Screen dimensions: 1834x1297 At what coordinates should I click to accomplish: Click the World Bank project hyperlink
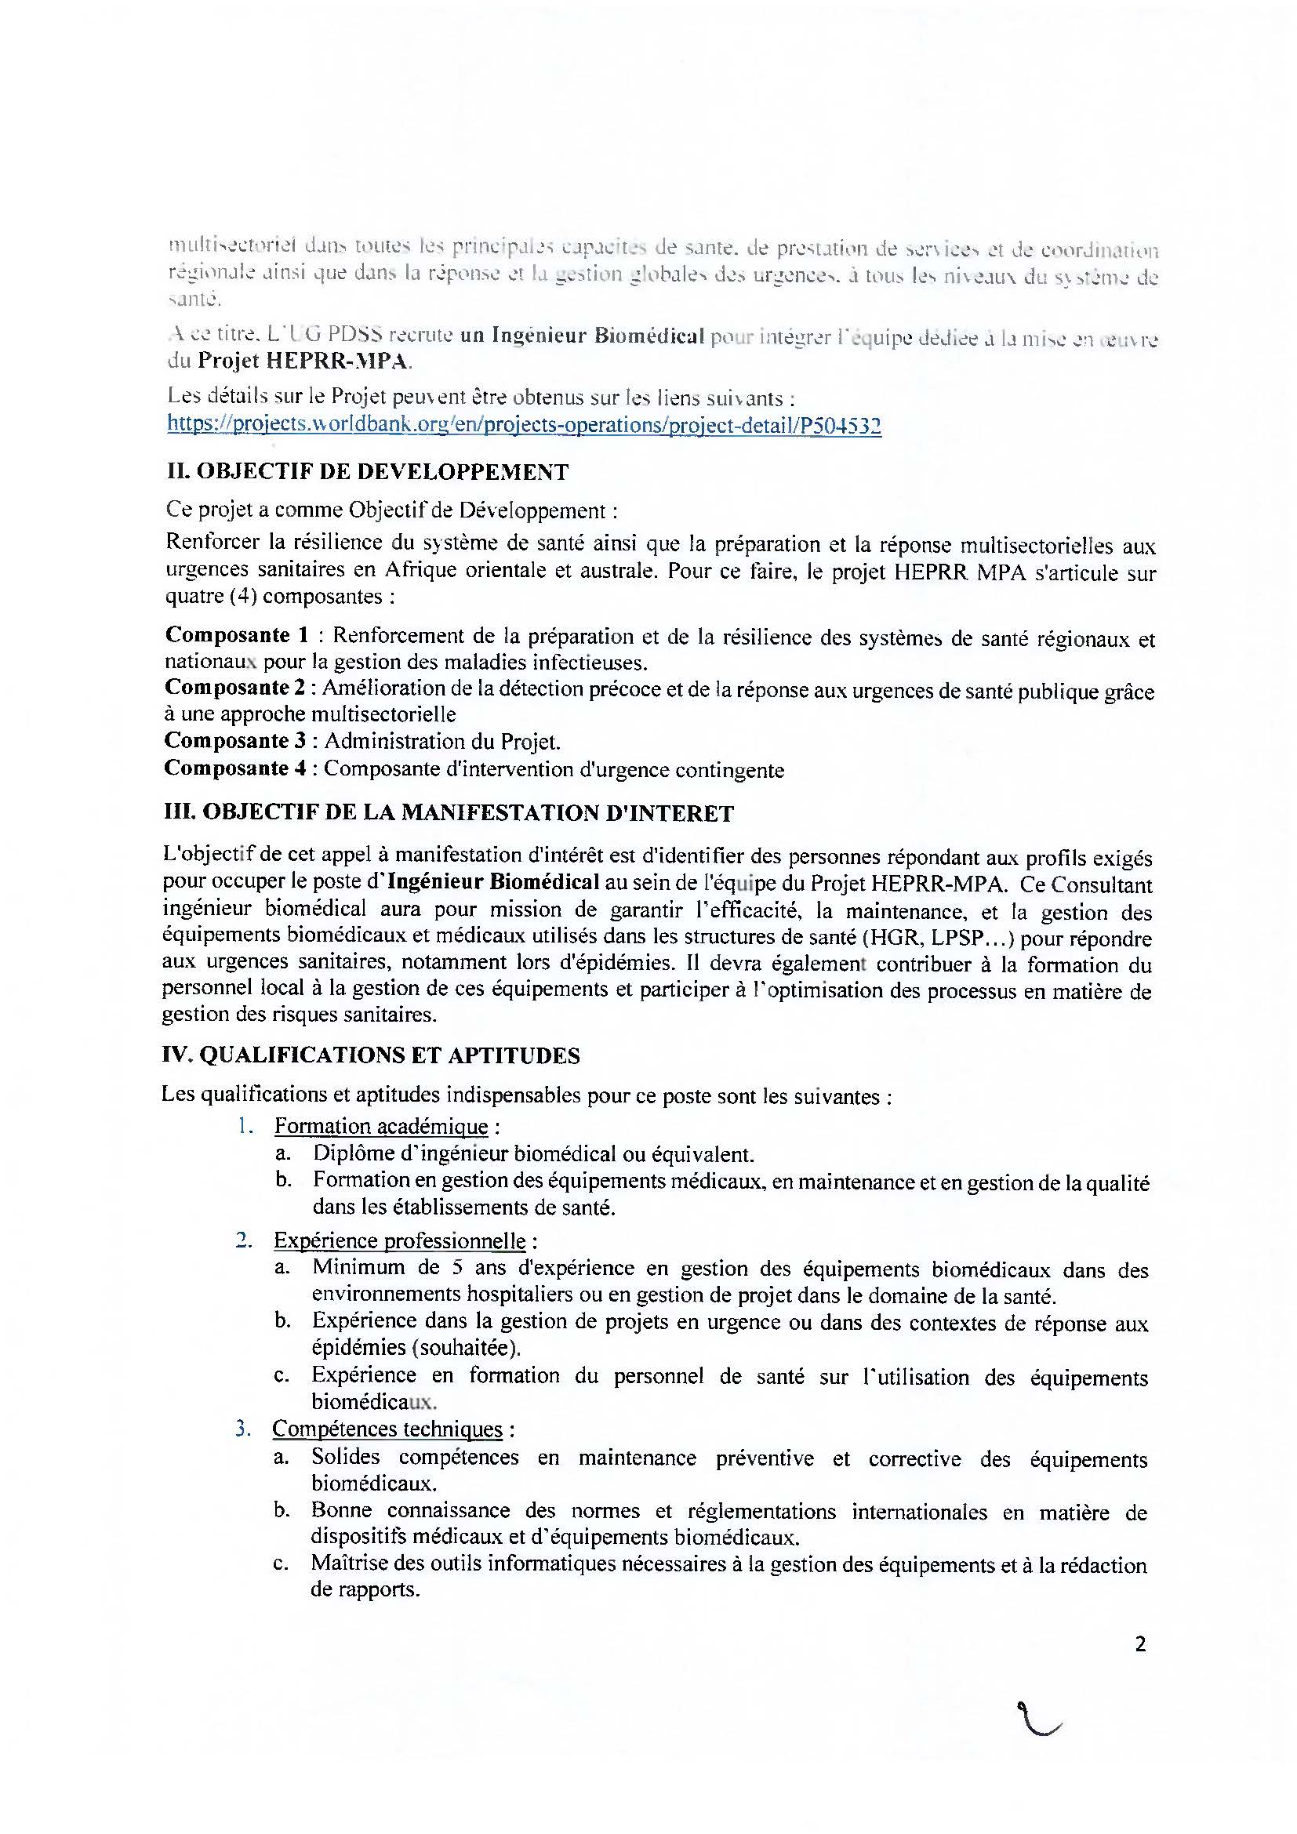click(524, 425)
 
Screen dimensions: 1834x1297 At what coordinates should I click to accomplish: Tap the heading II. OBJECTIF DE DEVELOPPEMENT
click(366, 472)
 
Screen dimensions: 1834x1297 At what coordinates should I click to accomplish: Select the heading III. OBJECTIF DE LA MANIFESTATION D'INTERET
click(448, 813)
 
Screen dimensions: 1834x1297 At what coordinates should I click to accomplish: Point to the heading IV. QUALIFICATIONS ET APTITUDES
click(372, 1055)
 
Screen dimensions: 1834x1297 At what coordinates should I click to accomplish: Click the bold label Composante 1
click(236, 635)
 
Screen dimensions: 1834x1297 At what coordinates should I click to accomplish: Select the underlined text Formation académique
click(381, 1126)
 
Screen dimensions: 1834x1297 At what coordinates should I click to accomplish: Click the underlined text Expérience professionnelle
click(399, 1240)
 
